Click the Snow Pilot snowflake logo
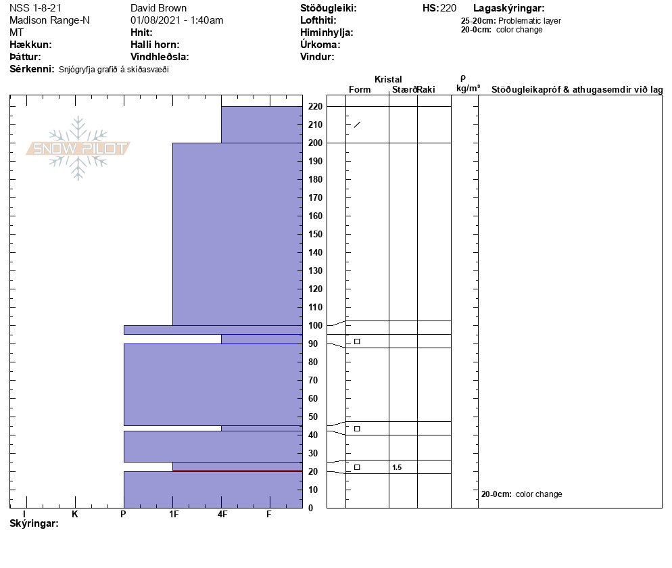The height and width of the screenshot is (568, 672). (x=78, y=148)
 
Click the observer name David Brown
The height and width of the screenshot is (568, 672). (x=158, y=8)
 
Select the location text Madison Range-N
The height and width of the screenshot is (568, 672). (x=49, y=20)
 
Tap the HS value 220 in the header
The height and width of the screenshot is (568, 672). (x=448, y=8)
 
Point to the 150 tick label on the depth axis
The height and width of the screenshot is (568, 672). (x=315, y=234)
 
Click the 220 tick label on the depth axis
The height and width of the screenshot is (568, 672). (x=315, y=106)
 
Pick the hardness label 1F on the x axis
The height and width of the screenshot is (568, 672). (x=174, y=515)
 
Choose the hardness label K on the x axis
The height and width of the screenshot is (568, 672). (x=75, y=515)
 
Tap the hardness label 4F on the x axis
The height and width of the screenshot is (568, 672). (x=222, y=515)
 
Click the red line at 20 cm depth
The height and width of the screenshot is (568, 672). (x=237, y=471)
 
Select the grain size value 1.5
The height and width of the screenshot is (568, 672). (x=397, y=467)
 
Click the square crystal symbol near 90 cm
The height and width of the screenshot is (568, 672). (x=357, y=341)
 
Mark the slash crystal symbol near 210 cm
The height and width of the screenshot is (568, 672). (x=357, y=124)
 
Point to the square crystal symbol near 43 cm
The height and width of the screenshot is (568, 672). (x=357, y=429)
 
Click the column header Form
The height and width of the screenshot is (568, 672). (x=359, y=90)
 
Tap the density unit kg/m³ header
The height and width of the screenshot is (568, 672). (x=468, y=89)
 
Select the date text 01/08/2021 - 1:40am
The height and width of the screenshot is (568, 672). (x=176, y=20)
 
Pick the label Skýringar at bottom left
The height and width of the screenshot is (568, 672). (x=34, y=524)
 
